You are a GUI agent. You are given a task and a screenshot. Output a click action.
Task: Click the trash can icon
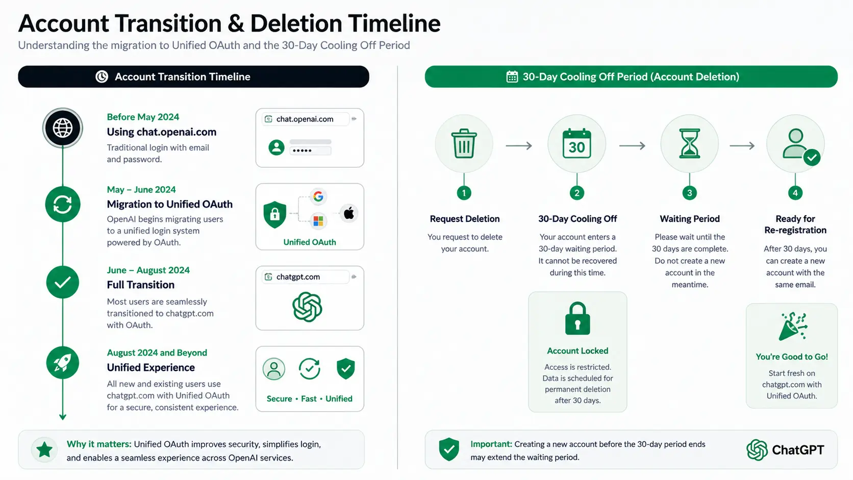464,143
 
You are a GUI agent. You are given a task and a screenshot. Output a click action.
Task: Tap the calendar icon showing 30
577,143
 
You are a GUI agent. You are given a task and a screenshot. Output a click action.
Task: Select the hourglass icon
690,143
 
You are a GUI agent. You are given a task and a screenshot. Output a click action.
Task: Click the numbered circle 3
690,193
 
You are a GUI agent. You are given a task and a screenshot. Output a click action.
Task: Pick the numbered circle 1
464,193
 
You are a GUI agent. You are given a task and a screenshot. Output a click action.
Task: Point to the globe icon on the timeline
63,128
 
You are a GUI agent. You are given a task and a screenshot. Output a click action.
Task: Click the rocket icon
62,363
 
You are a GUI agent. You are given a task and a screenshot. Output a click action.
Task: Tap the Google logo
318,196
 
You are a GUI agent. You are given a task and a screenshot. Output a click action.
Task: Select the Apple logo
349,213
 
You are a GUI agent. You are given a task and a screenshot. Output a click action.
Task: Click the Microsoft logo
318,221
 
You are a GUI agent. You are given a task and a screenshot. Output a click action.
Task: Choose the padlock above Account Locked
578,319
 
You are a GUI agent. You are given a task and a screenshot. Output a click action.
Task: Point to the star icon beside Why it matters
44,450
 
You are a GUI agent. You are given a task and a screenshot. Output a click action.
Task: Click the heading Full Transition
140,285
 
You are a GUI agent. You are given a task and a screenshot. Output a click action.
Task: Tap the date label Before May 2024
143,117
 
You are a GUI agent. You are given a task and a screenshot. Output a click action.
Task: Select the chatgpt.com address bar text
298,277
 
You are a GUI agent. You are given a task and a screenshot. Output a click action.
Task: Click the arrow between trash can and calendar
519,145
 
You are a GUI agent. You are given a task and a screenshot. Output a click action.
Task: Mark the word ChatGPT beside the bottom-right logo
798,450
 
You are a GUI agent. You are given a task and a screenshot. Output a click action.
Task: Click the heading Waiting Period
690,219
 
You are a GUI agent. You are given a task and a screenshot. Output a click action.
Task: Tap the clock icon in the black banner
102,77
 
